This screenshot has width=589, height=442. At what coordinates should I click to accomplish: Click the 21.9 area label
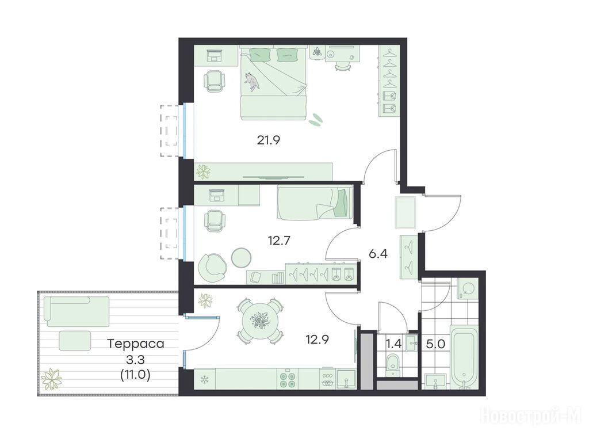[x=269, y=140]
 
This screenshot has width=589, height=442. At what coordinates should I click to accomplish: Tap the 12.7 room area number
[x=279, y=240]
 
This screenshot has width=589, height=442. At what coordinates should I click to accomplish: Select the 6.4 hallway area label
[x=378, y=254]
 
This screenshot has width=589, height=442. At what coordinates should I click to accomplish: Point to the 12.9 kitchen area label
[x=318, y=340]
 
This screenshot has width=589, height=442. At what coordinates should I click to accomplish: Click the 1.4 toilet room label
[x=393, y=343]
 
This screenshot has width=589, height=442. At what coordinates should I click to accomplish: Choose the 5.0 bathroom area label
[x=435, y=344]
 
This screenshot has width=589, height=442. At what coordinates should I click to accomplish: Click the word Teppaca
[x=136, y=344]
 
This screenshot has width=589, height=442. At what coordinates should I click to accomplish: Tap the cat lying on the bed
[x=251, y=81]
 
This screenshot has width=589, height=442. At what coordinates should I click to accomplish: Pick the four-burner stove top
[x=288, y=379]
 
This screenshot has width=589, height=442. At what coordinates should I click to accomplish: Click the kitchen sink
[x=346, y=379]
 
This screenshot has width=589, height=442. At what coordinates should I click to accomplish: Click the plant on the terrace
[x=51, y=378]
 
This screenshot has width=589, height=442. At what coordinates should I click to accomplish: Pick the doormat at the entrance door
[x=406, y=212]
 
